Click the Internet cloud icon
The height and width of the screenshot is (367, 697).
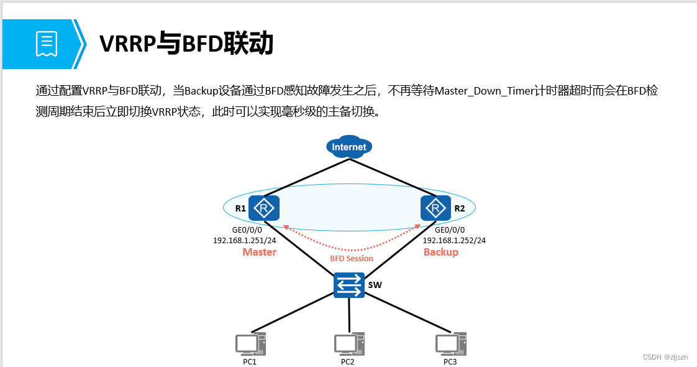[x=349, y=147]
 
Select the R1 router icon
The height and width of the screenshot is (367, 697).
[x=264, y=208]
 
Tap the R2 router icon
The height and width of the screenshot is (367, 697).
[x=436, y=208]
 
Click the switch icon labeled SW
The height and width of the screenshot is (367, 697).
[x=349, y=285]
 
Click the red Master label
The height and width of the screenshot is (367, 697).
[x=260, y=252]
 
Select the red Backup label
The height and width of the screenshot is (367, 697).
[x=441, y=252]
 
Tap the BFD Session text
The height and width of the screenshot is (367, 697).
[x=352, y=258]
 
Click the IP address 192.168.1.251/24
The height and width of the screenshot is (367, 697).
[x=245, y=240]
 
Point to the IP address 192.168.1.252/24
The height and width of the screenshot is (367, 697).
[x=454, y=240]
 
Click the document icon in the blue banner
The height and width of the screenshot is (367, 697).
[x=47, y=44]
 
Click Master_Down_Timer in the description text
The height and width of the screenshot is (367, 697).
[x=482, y=91]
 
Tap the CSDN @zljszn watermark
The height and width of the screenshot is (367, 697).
[x=665, y=357]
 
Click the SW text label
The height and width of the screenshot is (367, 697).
[x=375, y=285]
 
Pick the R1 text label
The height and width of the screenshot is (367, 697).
[x=240, y=208]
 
